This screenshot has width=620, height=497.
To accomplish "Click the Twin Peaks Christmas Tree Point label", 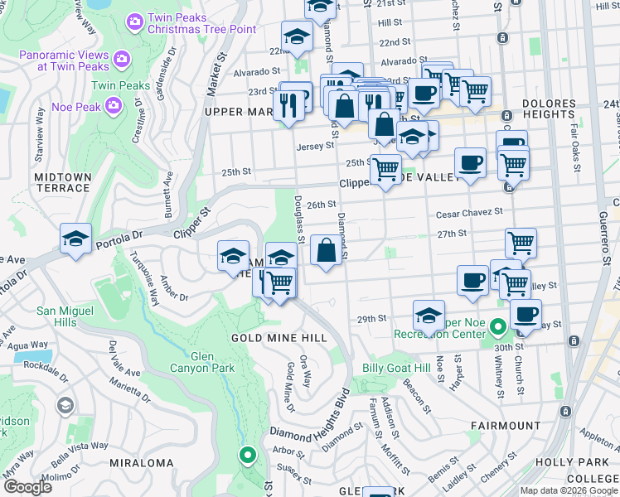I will coord(201,23).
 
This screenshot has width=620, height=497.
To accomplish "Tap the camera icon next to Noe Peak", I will coord(114,104).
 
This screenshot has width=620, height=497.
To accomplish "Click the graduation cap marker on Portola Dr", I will coord(75,239).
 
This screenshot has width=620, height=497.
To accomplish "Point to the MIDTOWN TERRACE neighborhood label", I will coord(61,182).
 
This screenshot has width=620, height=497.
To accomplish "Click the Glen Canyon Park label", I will coord(202,362).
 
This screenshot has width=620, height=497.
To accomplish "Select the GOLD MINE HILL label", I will coord(274,338).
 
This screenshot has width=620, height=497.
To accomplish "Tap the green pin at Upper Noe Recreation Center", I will coord(497,326).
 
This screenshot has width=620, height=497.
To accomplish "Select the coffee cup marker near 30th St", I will coord(526,315).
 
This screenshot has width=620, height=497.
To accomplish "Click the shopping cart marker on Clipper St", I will coord(386,170).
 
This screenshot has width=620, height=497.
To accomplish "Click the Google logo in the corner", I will coord(27,487).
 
